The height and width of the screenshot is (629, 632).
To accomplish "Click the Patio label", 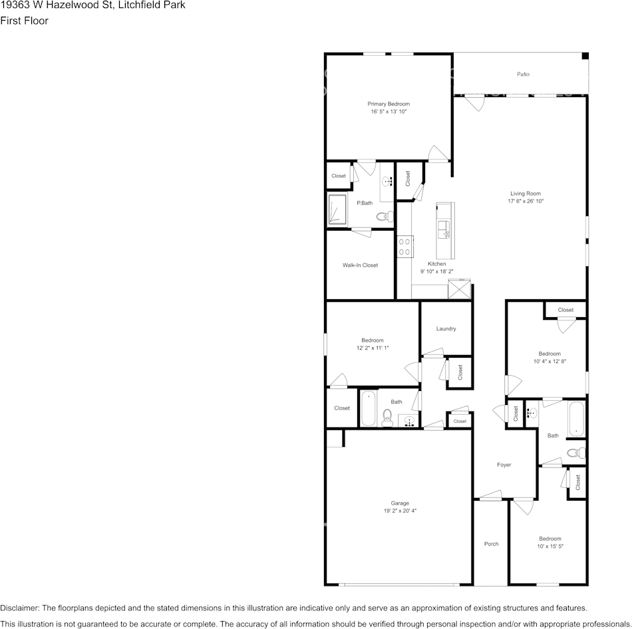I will pyautogui.click(x=524, y=74).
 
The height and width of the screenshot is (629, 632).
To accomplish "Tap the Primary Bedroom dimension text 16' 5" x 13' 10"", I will pyautogui.click(x=389, y=112).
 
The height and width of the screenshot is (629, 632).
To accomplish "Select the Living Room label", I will pyautogui.click(x=526, y=193).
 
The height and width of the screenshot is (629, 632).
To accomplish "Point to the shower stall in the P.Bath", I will pyautogui.click(x=337, y=210).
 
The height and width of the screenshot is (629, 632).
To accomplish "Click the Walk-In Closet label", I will pyautogui.click(x=360, y=265).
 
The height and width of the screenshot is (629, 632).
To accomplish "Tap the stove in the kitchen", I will pyautogui.click(x=404, y=247).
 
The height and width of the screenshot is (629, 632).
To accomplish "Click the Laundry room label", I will pyautogui.click(x=446, y=329).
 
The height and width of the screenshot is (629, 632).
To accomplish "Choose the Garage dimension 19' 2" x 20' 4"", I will pyautogui.click(x=400, y=511).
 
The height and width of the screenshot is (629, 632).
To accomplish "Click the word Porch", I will pyautogui.click(x=491, y=544).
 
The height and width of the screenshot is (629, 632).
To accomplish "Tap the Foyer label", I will pyautogui.click(x=504, y=465).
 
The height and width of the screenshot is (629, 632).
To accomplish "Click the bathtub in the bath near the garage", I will pyautogui.click(x=368, y=408).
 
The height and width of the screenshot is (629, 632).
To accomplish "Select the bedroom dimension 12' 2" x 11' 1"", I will pyautogui.click(x=372, y=348).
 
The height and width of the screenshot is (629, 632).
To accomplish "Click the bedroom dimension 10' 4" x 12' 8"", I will pyautogui.click(x=550, y=362).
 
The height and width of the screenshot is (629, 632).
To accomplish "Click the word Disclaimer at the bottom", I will pyautogui.click(x=19, y=608).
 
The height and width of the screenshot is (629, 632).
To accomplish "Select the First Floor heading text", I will pyautogui.click(x=25, y=21).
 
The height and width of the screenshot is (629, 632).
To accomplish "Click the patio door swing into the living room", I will pyautogui.click(x=474, y=103).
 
